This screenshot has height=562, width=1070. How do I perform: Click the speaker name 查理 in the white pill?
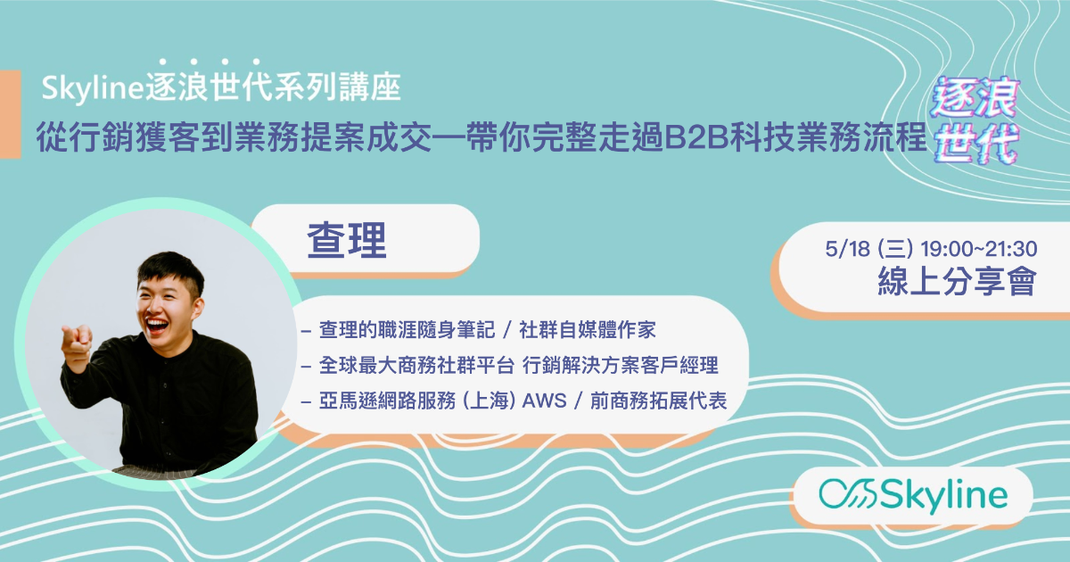pyautogui.click(x=347, y=240)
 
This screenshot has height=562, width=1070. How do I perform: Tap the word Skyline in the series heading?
pyautogui.click(x=93, y=88)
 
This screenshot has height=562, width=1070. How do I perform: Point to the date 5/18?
pyautogui.click(x=847, y=249)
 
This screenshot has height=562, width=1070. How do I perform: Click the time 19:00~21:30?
pyautogui.click(x=979, y=249)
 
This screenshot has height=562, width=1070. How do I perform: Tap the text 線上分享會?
pyautogui.click(x=957, y=282)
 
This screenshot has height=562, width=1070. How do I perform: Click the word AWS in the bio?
pyautogui.click(x=544, y=401)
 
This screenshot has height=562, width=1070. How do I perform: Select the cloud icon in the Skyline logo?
pyautogui.click(x=848, y=493)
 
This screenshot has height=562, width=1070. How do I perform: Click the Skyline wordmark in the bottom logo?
pyautogui.click(x=944, y=496)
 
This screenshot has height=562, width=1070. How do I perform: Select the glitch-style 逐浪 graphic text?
pyautogui.click(x=975, y=98)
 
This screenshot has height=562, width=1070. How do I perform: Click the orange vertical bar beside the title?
pyautogui.click(x=10, y=114)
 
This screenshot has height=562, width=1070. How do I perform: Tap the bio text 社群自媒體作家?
pyautogui.click(x=588, y=330)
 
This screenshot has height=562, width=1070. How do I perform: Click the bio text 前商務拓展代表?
pyautogui.click(x=659, y=401)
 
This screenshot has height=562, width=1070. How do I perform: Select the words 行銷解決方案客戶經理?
pyautogui.click(x=621, y=366)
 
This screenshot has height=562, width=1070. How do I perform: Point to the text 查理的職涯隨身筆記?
pyautogui.click(x=407, y=330)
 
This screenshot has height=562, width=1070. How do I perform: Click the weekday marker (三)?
pyautogui.click(x=895, y=249)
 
